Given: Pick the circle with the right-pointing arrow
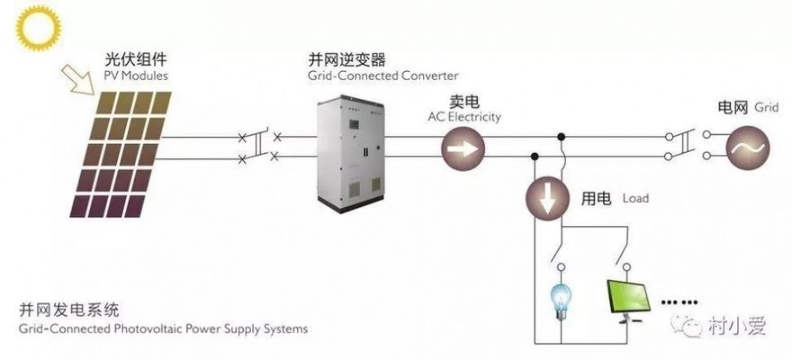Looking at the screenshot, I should (462, 148).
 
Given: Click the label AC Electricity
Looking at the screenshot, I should (464, 117).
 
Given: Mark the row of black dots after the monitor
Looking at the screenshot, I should (680, 301).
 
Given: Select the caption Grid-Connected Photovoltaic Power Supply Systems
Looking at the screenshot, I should (163, 329).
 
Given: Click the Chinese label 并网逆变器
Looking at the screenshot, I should (346, 60).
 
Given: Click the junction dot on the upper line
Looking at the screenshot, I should (562, 137).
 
